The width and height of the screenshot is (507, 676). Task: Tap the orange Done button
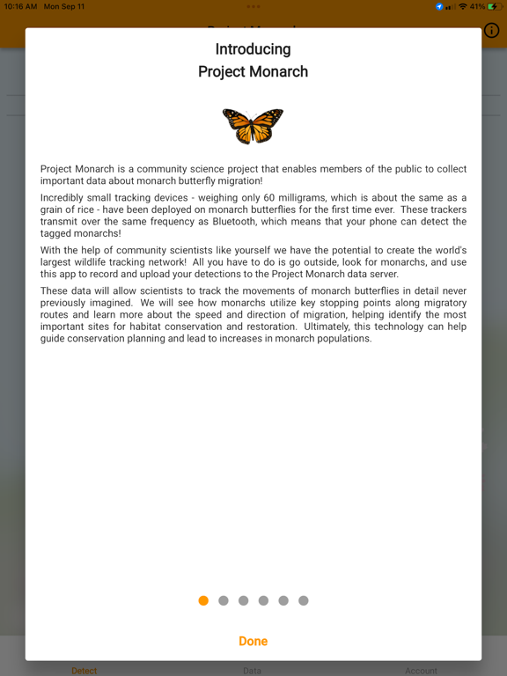coord(253,641)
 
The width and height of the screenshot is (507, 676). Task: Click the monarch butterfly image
coord(253,126)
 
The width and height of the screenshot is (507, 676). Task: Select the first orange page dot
coord(203,600)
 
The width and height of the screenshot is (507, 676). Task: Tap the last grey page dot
coord(303,600)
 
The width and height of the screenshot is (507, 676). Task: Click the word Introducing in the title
coord(253,49)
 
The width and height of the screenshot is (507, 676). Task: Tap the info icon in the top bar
coord(491,31)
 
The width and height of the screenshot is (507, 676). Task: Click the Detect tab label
coord(84,671)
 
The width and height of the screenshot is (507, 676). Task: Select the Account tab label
coord(421,671)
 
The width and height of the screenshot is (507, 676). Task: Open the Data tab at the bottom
coord(253,671)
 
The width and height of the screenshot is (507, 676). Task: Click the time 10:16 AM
coord(19,6)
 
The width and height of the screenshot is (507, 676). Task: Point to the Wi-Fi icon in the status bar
coord(462,6)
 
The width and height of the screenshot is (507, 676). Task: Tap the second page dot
coord(224,600)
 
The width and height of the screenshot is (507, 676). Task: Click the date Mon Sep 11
coord(64,6)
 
